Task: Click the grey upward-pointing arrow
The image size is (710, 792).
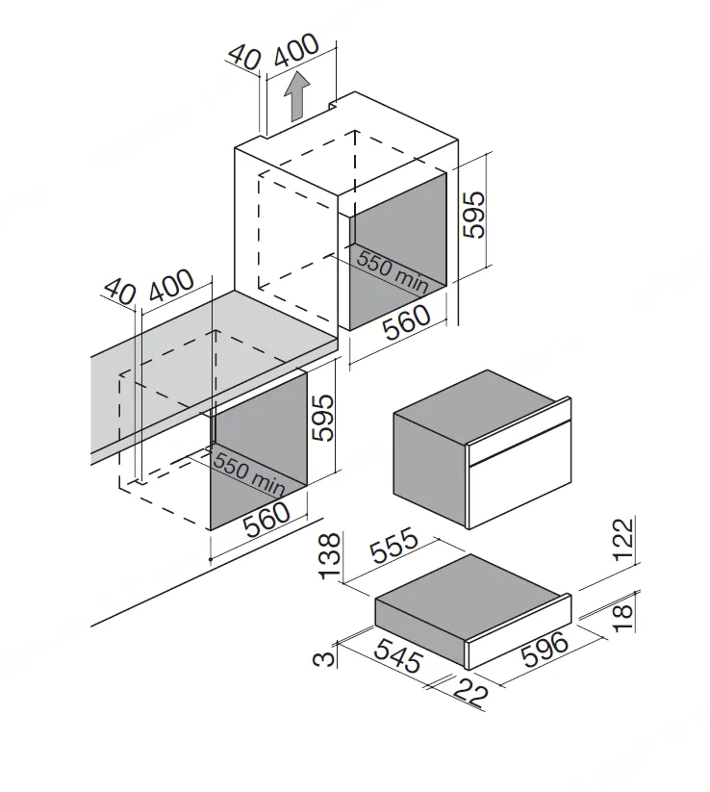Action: click(296, 95)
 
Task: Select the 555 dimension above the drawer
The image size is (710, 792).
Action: click(394, 545)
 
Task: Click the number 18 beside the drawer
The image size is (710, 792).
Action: click(623, 617)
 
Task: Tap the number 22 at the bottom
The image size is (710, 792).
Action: click(471, 692)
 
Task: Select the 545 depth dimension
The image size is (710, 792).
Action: click(397, 655)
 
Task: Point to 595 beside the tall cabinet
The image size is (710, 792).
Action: click(474, 215)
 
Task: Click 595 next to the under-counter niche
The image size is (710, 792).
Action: click(322, 418)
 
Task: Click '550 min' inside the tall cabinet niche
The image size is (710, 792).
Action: click(393, 271)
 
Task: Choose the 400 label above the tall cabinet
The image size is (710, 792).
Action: click(297, 50)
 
